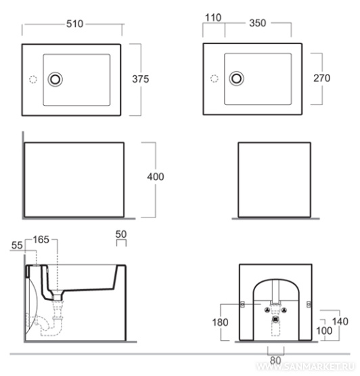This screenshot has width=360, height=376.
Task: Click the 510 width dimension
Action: coord(74,24)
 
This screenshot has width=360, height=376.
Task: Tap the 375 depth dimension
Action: coord(141,79)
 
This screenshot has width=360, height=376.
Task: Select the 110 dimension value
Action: coord(213,18)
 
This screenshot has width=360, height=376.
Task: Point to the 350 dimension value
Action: coord(258,23)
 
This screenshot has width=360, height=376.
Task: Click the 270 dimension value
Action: coord(322,78)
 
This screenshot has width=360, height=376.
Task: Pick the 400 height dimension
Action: coord(156,177)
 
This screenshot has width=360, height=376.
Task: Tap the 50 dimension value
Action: coord(121,234)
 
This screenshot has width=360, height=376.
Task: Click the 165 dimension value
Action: coord(41,240)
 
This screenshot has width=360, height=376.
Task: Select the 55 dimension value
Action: coord(17,245)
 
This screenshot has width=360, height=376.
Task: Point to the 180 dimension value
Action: coord(220,322)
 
